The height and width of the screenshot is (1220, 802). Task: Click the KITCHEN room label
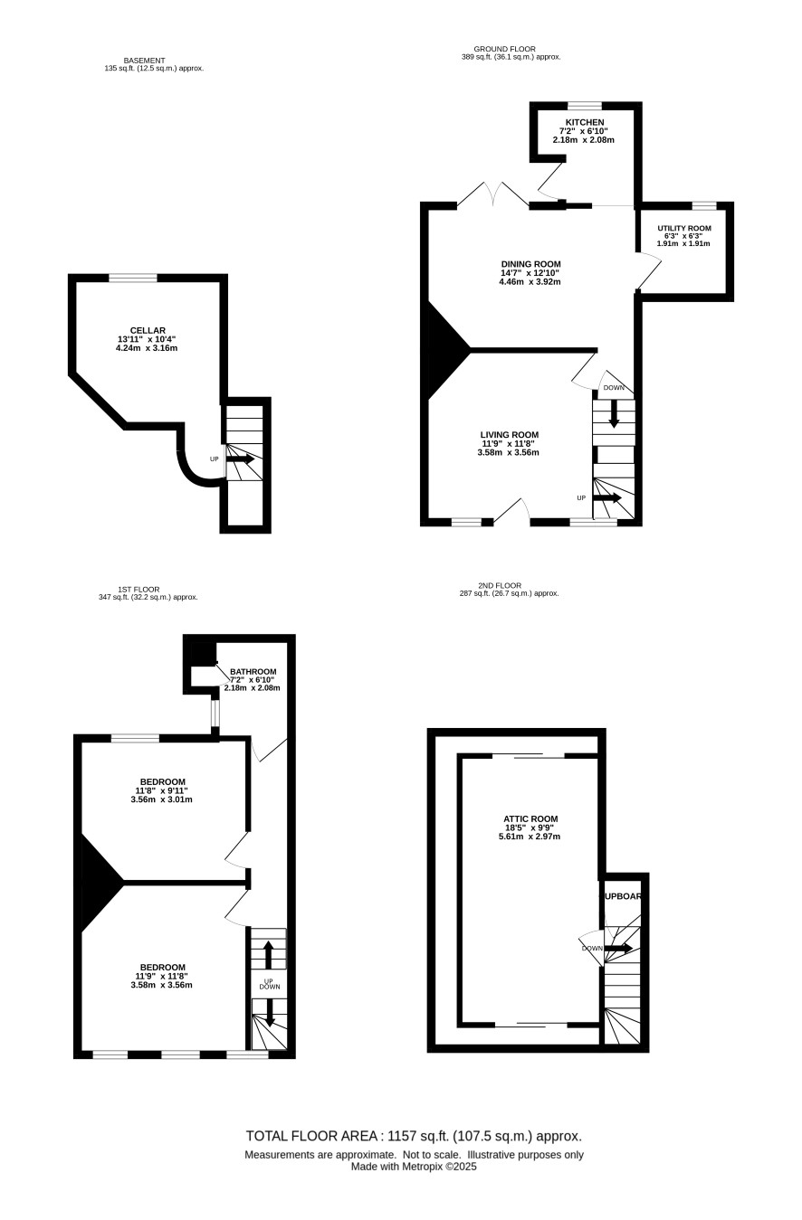coord(585,123)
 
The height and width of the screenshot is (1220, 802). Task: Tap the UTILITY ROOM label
coord(684,228)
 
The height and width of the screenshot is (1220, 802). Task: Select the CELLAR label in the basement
coord(148,331)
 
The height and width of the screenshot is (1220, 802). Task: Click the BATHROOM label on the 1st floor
coord(253,672)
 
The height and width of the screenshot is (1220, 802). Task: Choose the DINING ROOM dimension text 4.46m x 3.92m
coord(530,281)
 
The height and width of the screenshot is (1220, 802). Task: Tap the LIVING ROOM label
coord(510,435)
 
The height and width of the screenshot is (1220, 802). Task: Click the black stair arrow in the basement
coord(241,459)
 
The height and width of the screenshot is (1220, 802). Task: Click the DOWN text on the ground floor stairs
coord(614,388)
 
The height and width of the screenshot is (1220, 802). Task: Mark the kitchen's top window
coord(585,106)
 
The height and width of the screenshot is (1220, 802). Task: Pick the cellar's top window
coord(133,278)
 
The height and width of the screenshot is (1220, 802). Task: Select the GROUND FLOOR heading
coord(504,49)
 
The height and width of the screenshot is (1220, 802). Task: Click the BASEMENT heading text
coord(144,61)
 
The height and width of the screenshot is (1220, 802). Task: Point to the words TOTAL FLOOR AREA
coord(311,1136)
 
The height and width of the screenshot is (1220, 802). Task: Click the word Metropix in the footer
coord(423,1166)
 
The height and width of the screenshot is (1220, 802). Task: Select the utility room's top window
coord(704,205)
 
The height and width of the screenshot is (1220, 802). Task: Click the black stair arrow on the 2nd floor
coord(618,948)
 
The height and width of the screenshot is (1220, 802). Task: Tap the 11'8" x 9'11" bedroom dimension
coord(161,790)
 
